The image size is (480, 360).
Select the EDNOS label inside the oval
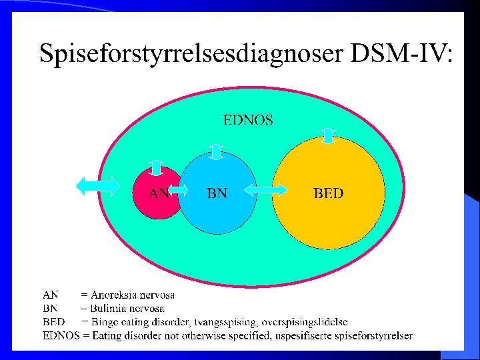pos(247,121)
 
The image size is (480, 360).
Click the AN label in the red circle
pos(158,193)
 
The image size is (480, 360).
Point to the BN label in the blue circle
pos(217,193)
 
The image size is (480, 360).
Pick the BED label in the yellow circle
pos(328,193)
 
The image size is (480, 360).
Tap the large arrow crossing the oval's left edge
pos(98,186)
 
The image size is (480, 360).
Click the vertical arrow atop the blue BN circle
pos(216,151)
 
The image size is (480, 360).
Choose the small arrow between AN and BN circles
pos(178,192)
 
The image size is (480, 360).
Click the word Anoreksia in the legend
pos(112,294)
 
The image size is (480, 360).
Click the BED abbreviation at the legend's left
pos(53,322)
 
